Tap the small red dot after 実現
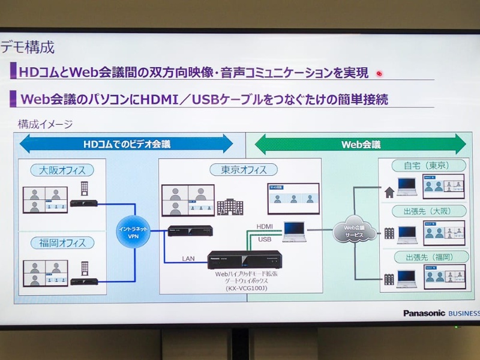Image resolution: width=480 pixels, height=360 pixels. point(379,74)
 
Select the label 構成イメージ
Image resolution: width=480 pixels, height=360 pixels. point(45,124)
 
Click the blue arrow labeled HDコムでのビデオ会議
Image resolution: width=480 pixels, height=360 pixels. point(127,144)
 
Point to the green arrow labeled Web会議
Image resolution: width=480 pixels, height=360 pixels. point(361,144)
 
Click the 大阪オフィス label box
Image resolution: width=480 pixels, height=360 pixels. point(62,170)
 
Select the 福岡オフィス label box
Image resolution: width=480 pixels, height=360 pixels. point(62,243)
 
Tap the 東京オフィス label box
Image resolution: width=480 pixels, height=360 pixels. point(238,170)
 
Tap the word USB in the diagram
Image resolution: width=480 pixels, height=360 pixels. point(265,239)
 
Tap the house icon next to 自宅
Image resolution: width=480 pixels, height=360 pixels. point(389,193)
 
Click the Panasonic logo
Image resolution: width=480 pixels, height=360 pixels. point(424,313)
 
